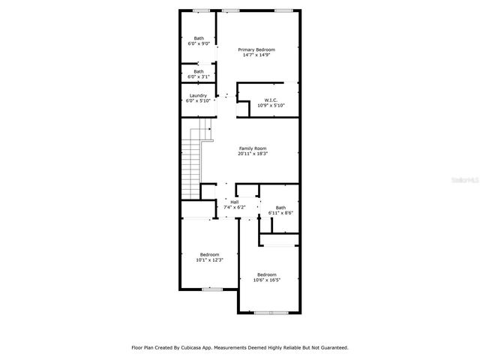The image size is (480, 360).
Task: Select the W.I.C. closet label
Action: [271, 100]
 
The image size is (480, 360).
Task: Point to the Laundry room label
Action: [198, 95]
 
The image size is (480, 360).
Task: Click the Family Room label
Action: [253, 148]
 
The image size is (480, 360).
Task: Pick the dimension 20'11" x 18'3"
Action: [253, 154]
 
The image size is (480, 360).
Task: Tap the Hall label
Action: [235, 202]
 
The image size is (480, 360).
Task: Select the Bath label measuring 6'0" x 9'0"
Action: [199, 38]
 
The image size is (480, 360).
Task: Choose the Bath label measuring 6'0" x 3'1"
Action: [199, 71]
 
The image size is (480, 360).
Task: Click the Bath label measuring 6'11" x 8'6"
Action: [280, 208]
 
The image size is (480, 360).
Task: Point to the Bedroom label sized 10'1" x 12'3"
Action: [209, 254]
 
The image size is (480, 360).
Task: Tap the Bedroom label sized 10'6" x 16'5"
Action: [267, 274]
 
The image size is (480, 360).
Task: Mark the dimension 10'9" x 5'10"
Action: [271, 105]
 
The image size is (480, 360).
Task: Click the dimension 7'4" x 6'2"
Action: [235, 207]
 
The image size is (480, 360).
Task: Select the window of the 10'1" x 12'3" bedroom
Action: [212, 289]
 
